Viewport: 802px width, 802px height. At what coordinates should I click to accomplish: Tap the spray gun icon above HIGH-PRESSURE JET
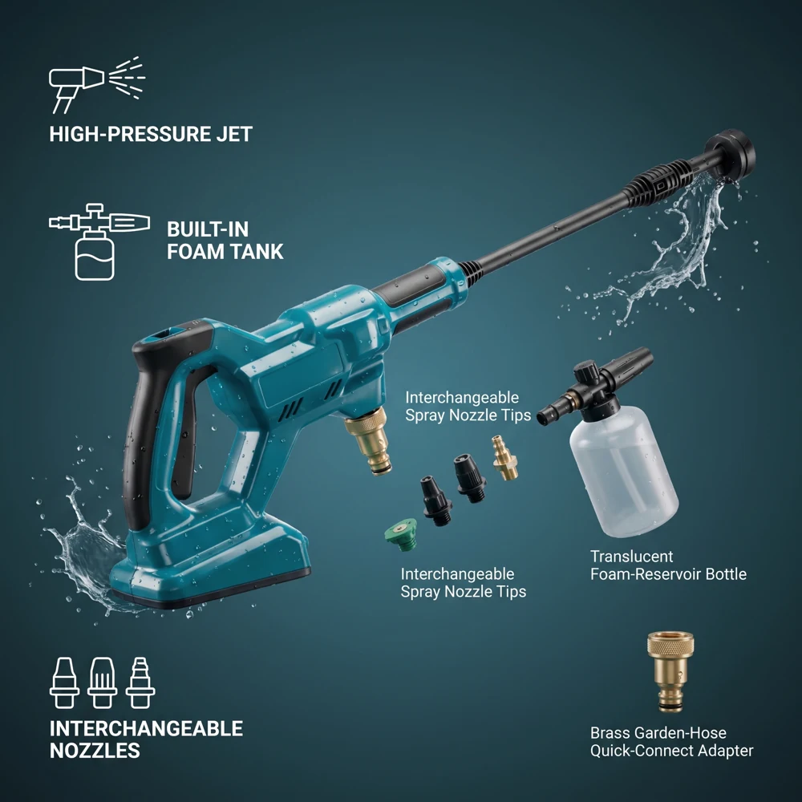[x=97, y=84]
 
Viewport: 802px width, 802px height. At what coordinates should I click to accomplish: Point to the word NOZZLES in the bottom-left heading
[x=95, y=751]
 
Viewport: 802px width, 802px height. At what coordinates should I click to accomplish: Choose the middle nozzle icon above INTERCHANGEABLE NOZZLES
[x=103, y=683]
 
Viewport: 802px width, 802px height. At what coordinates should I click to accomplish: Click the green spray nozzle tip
[x=402, y=534]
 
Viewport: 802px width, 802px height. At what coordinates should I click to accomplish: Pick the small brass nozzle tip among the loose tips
[x=504, y=457]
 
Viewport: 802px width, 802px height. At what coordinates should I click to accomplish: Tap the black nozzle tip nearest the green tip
[x=436, y=500]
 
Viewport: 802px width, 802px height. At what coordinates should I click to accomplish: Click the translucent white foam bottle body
[x=624, y=471]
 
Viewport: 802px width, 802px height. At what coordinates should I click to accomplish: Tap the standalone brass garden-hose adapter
[x=670, y=671]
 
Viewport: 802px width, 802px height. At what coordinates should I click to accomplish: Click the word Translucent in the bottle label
[x=632, y=557]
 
